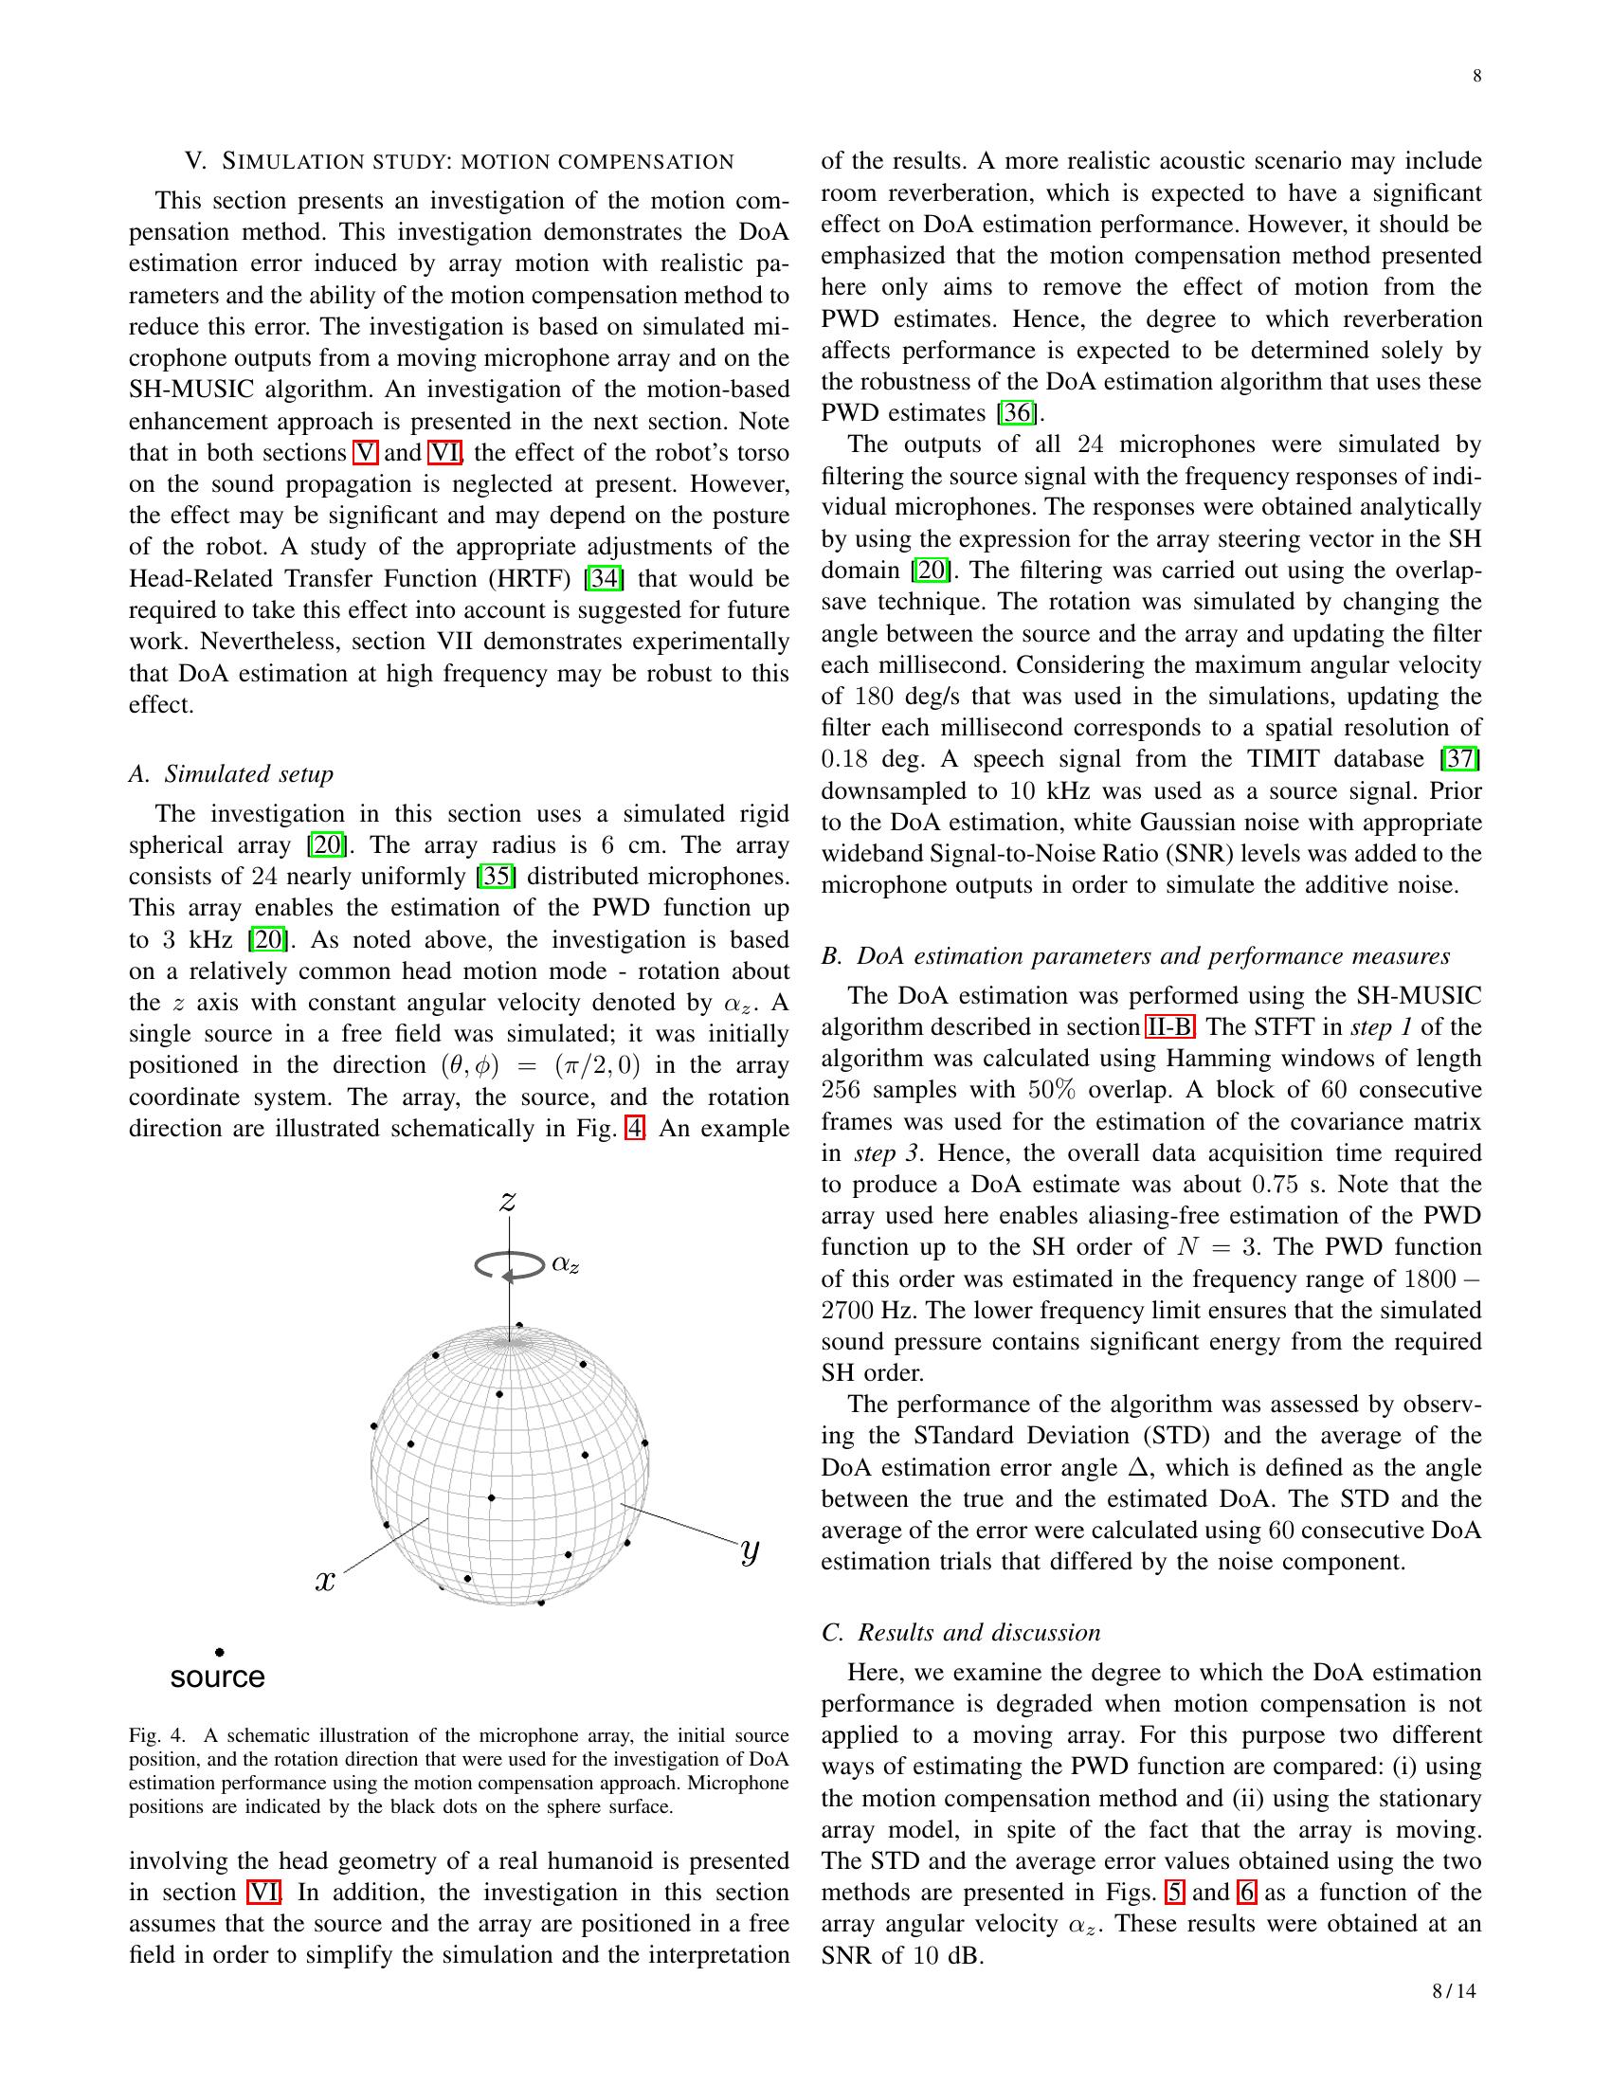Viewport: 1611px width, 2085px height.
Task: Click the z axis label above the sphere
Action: [x=508, y=1200]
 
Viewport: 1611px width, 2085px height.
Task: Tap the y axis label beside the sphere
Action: [x=751, y=1551]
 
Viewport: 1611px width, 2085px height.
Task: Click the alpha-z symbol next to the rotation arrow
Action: [x=565, y=1265]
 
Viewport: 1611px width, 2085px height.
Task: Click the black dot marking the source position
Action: [x=220, y=1652]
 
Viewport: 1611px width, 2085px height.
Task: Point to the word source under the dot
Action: [x=218, y=1677]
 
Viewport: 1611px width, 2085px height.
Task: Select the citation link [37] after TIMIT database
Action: [x=1460, y=759]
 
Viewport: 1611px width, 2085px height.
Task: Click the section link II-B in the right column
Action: [x=1169, y=1027]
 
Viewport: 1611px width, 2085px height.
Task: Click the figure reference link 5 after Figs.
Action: [x=1173, y=1893]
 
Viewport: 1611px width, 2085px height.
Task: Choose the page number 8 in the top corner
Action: [x=1476, y=77]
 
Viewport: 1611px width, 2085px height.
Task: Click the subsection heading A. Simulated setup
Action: [x=231, y=773]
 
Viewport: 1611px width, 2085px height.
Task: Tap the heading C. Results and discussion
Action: [x=960, y=1633]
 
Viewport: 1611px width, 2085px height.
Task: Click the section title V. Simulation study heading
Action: [x=459, y=161]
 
